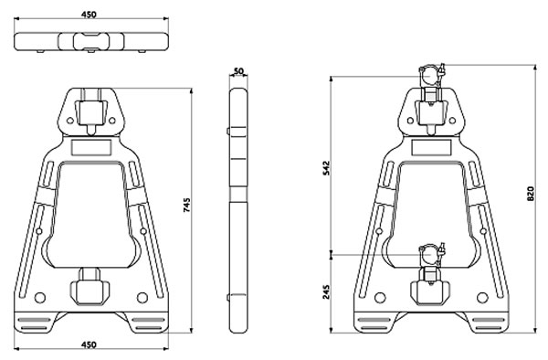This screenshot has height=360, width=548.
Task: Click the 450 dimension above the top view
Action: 89,15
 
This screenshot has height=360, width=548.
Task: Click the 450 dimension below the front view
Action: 89,344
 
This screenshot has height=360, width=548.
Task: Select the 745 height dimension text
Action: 187,206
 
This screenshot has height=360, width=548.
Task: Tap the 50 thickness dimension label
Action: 238,71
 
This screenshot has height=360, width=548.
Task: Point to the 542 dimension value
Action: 326,168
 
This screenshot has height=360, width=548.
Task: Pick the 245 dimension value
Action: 326,291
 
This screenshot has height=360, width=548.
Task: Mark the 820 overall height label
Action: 530,194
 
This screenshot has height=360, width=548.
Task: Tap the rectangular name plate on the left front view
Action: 90,147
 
